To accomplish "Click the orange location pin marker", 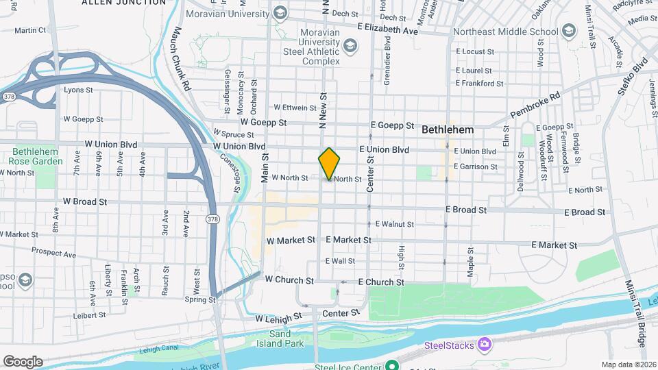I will click(x=329, y=163).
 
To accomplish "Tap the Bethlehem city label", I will click(x=448, y=129).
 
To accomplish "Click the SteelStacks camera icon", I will click(x=484, y=344).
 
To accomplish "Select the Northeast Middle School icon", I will click(x=568, y=31).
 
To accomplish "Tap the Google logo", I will click(x=23, y=362).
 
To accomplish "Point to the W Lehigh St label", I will click(x=278, y=318).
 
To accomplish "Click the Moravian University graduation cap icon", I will click(x=280, y=12).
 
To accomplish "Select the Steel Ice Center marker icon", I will click(x=391, y=365).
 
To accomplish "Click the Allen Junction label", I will click(x=123, y=3).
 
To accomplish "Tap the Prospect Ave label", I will click(x=53, y=251).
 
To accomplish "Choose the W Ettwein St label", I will click(x=295, y=107).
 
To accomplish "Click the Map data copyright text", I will click(x=628, y=365).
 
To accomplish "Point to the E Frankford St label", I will click(x=479, y=84).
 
